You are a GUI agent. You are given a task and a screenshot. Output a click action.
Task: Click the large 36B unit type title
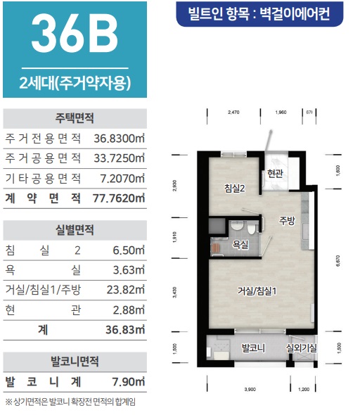(x=74, y=35)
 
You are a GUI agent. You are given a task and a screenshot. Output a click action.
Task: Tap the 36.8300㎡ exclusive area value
(x=119, y=138)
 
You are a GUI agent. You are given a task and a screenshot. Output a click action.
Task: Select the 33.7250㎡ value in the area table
(x=119, y=158)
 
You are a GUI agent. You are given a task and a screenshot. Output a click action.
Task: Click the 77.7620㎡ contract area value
(x=119, y=198)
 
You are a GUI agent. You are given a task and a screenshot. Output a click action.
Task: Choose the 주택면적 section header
(x=75, y=117)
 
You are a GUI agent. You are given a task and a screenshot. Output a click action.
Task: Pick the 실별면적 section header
(x=75, y=230)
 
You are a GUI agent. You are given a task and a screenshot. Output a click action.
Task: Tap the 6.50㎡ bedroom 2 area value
(x=129, y=250)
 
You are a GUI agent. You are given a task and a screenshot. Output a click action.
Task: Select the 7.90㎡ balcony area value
(x=129, y=383)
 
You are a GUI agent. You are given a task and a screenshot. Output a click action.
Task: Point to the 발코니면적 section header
(x=75, y=362)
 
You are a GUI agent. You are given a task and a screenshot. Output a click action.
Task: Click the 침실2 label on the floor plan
(x=234, y=189)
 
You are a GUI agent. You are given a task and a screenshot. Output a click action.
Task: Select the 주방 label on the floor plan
(x=287, y=219)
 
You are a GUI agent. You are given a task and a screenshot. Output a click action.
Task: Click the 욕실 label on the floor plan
(x=241, y=245)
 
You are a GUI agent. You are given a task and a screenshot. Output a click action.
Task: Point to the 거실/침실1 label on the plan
(x=255, y=290)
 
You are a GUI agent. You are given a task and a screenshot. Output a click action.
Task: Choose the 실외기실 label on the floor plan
(x=301, y=347)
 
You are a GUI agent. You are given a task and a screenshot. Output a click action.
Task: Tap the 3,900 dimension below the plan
(x=251, y=388)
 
